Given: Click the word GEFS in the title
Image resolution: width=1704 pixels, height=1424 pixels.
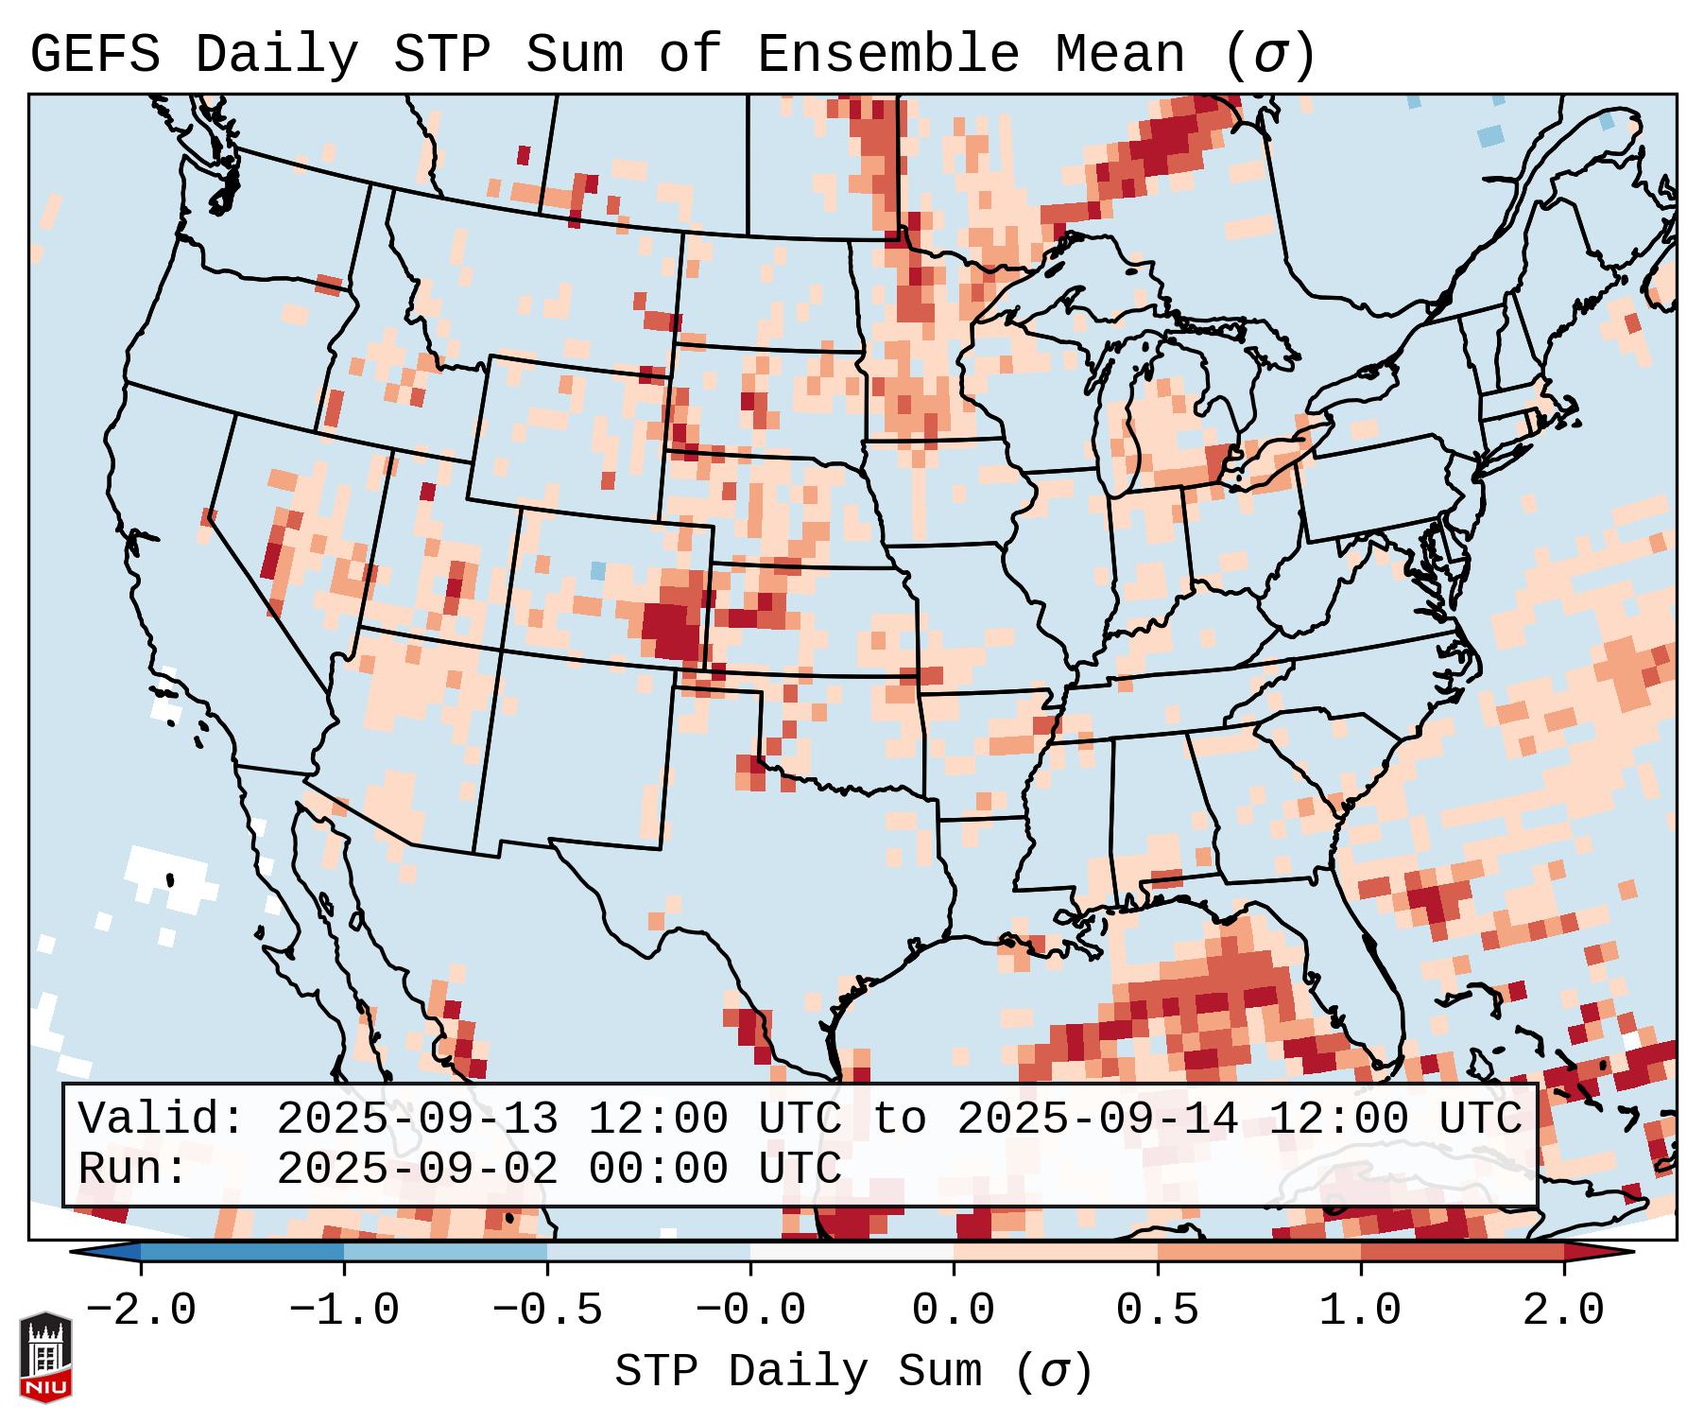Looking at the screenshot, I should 95,54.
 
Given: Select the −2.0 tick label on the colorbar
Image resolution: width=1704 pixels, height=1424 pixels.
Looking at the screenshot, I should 141,1310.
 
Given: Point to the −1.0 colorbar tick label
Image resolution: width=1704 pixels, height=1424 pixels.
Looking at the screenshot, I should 344,1310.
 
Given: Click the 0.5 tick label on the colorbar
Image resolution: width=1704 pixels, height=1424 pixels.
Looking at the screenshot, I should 1157,1310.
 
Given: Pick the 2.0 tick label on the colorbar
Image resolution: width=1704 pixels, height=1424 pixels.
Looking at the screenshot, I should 1563,1310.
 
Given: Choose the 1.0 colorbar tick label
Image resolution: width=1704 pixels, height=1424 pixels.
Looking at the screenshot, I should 1360,1310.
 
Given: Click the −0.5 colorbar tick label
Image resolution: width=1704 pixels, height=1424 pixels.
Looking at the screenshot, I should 547,1310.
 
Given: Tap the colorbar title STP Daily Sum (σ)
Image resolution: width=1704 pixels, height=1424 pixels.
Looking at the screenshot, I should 853,1371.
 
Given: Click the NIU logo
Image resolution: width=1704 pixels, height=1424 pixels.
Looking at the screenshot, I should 45,1357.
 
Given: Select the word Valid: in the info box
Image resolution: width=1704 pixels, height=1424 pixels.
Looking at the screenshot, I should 161,1119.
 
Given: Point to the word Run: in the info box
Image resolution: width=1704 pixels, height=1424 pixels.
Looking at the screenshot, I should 132,1169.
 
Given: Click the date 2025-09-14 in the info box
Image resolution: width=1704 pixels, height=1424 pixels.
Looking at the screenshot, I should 1097,1119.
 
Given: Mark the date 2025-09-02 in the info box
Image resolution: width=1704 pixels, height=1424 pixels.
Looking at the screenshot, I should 417,1169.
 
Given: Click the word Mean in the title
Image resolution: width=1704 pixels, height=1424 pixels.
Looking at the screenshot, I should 1120,54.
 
